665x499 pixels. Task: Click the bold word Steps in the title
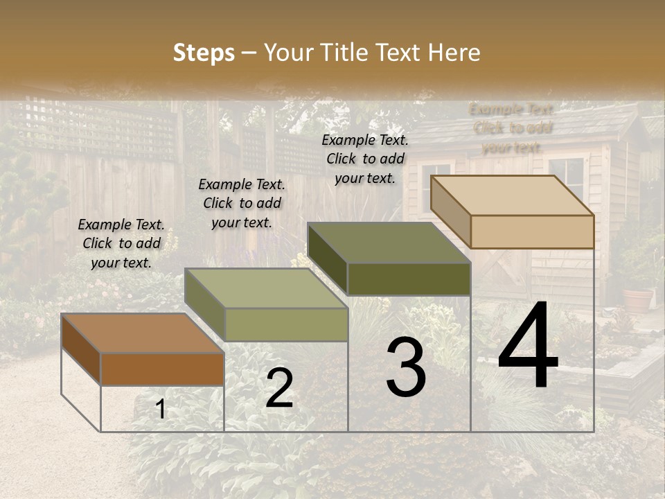(x=204, y=53)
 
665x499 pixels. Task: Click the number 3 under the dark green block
(x=406, y=367)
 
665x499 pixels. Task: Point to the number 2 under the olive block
(x=279, y=389)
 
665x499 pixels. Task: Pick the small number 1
(x=160, y=410)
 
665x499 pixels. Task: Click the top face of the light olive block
(x=266, y=288)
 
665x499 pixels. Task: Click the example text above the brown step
(x=121, y=243)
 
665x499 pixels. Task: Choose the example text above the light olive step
(x=242, y=203)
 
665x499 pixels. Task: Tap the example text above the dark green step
(x=365, y=159)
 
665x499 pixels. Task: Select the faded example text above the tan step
(x=512, y=128)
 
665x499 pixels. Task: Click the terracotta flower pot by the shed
(x=637, y=299)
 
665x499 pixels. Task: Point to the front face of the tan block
(x=532, y=231)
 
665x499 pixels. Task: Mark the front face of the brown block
(x=162, y=369)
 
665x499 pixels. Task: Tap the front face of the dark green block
(x=409, y=279)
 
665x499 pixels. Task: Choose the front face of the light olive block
(x=286, y=324)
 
